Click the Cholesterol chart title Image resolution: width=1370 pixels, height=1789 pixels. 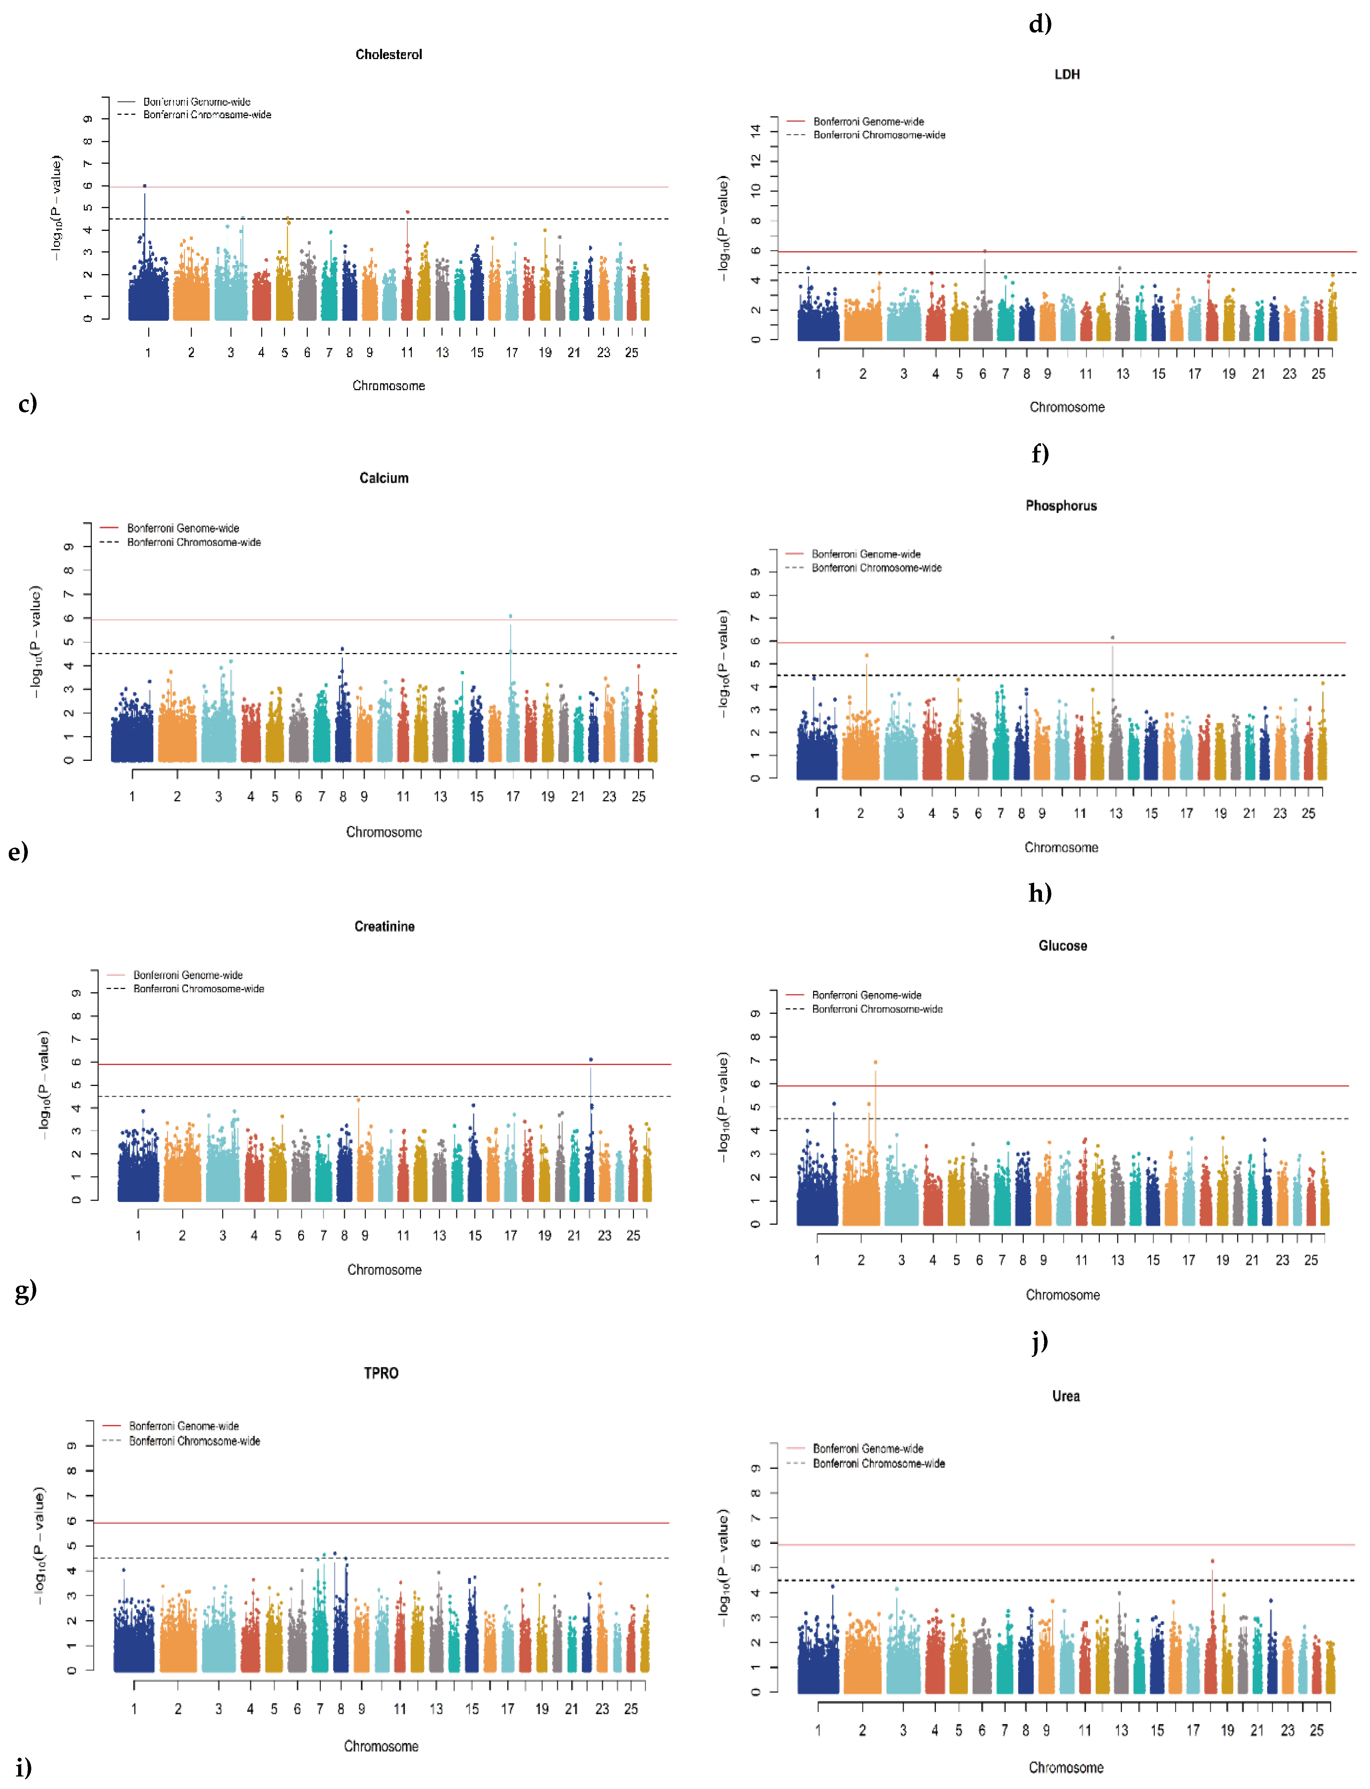[x=388, y=55]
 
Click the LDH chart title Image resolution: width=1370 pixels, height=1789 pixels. [x=1067, y=74]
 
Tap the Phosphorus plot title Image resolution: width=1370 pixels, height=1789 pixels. [x=1061, y=506]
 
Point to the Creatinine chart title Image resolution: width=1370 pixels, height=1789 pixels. [x=384, y=927]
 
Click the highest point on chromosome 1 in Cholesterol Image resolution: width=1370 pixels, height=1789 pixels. [x=145, y=186]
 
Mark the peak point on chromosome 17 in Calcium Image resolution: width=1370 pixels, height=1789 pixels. [x=510, y=616]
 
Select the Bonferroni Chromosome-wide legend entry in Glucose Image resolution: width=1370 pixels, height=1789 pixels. [x=877, y=1009]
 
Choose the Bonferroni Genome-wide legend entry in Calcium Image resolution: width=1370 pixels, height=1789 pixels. [x=183, y=529]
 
